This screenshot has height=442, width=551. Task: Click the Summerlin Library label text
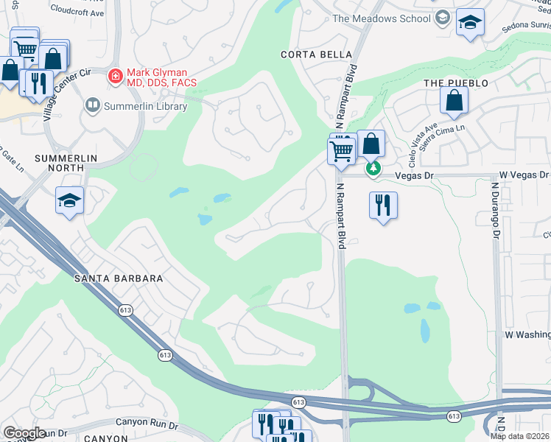click(x=145, y=106)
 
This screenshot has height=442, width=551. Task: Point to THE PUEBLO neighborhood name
click(x=456, y=83)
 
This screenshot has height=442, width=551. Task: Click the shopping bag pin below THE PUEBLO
click(x=454, y=101)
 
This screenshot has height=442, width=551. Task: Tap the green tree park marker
click(x=374, y=169)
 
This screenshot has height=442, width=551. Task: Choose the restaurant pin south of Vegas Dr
click(x=383, y=205)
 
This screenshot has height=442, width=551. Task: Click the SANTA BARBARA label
click(x=118, y=278)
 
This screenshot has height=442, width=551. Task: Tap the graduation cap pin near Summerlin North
click(x=70, y=200)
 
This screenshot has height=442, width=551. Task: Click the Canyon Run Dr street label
click(x=147, y=425)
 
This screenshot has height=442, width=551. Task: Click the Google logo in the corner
click(x=24, y=433)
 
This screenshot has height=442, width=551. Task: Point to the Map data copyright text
click(x=520, y=436)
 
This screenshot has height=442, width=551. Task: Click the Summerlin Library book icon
click(x=93, y=106)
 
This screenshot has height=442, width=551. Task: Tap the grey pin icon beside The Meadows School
click(x=442, y=18)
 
